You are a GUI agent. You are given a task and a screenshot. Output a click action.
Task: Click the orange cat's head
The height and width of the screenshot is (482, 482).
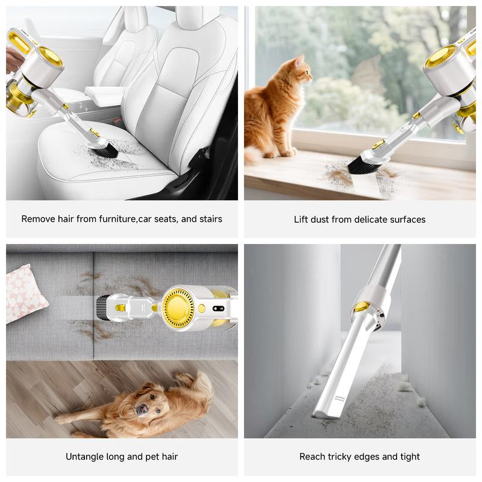click(301, 73)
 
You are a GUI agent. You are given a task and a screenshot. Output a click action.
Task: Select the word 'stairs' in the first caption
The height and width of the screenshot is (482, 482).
click(209, 219)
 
